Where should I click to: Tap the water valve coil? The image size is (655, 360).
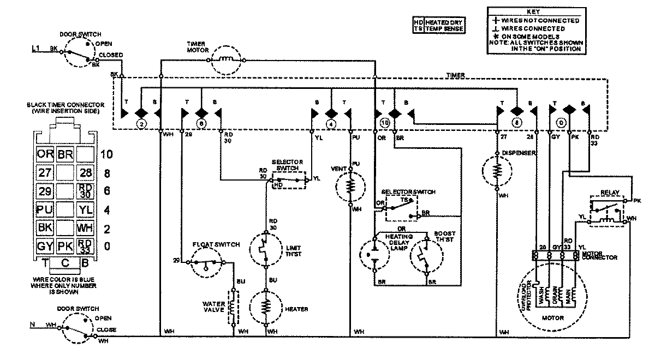233,309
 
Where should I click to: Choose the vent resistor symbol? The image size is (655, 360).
350,187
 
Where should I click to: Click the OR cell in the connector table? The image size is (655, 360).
45,154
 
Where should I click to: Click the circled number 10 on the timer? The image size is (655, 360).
385,123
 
